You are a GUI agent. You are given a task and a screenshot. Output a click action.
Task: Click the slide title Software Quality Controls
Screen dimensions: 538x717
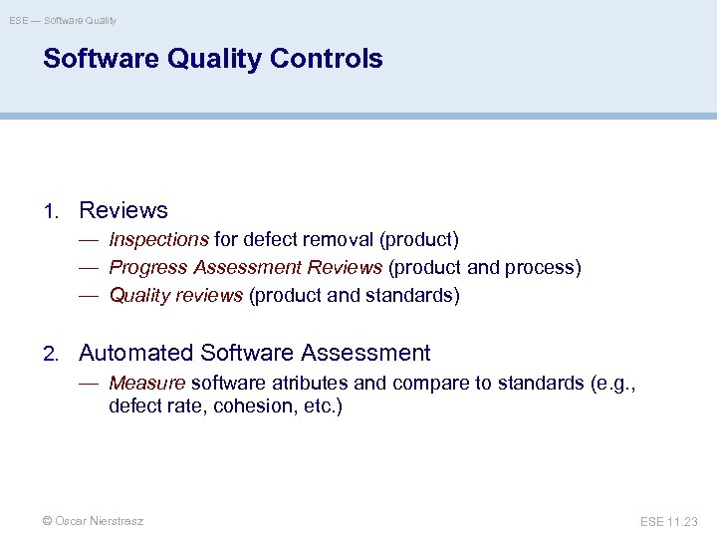212,59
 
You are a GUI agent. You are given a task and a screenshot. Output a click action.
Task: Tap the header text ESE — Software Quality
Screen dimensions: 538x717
63,20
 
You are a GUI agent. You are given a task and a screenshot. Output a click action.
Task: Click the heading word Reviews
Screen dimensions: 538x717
123,210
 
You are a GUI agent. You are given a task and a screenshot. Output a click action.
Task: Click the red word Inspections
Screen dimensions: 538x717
158,240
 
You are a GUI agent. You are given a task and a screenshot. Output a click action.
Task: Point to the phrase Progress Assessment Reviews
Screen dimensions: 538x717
245,268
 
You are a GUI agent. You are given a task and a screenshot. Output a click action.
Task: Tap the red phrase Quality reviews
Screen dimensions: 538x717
175,296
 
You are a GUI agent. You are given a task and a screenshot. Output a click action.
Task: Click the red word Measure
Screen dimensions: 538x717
147,384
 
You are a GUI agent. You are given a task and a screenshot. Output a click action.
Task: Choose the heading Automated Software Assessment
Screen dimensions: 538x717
254,353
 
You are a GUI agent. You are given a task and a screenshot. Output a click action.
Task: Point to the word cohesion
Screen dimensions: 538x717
232,406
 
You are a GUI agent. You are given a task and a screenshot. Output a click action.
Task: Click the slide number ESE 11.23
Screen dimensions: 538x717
670,521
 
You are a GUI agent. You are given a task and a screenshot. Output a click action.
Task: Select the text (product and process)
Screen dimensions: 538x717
484,268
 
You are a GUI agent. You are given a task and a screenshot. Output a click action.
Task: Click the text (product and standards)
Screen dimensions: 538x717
354,296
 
